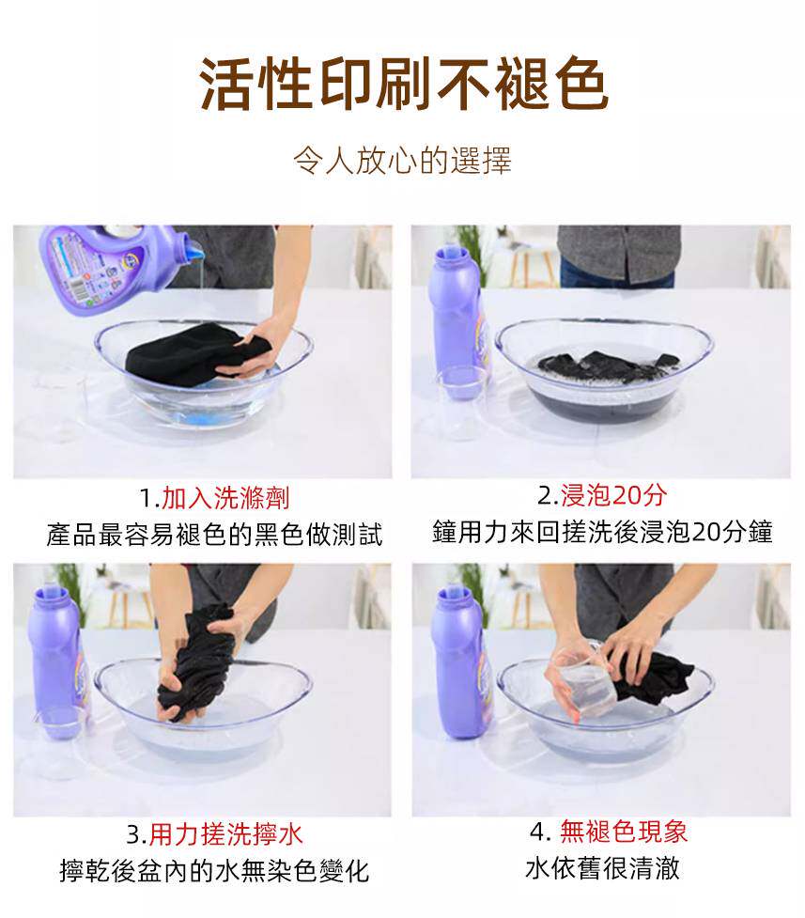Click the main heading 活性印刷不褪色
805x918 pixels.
[x=403, y=84]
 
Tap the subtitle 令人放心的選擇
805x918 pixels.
[x=402, y=161]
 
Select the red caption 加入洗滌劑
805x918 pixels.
[x=225, y=498]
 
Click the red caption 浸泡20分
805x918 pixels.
[x=613, y=495]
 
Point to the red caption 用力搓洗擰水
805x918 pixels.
[x=226, y=833]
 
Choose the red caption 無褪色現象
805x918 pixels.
[x=624, y=831]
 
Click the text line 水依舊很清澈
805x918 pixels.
[x=602, y=867]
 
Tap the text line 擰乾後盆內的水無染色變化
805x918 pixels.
[x=214, y=871]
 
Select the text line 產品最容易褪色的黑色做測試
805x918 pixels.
[x=214, y=534]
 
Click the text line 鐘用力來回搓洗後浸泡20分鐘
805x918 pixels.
[x=602, y=532]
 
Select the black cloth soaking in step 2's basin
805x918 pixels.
[x=609, y=366]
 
